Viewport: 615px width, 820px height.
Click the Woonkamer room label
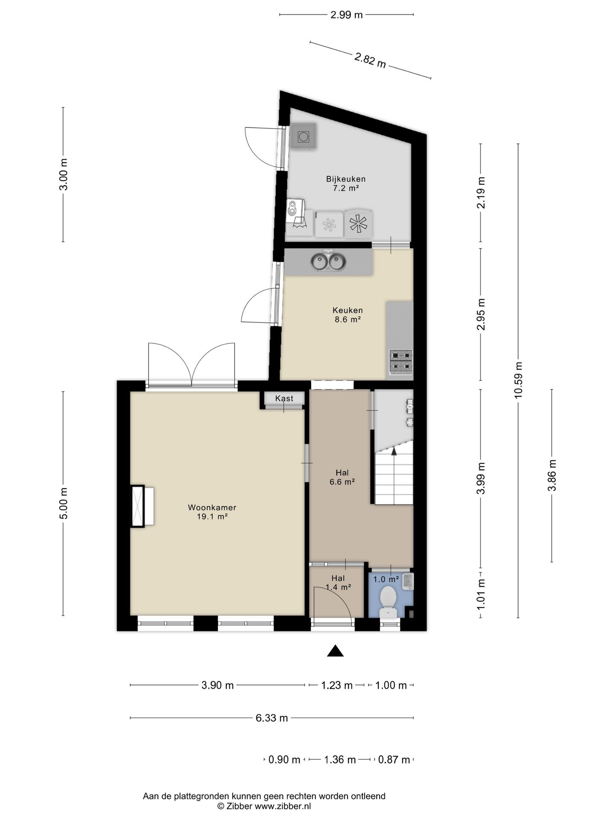point(212,507)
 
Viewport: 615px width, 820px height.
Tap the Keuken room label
point(348,310)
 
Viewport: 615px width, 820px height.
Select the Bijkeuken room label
point(346,179)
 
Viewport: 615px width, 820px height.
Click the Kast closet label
point(284,398)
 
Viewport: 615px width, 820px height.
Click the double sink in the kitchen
point(328,261)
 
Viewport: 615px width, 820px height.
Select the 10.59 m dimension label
point(518,380)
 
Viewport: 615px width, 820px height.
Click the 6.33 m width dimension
point(272,718)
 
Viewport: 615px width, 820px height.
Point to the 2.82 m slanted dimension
point(370,60)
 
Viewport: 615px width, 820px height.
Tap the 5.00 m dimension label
point(63,504)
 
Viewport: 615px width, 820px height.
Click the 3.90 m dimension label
point(217,685)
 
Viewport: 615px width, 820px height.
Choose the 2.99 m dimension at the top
point(346,15)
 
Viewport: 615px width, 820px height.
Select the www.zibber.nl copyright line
point(264,806)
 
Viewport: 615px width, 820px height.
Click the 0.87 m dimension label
point(394,760)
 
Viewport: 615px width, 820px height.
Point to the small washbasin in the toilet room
point(408,581)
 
